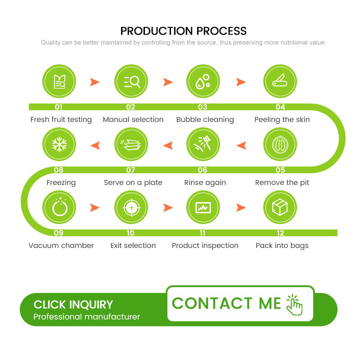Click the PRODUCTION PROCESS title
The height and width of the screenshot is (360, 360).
(x=184, y=31)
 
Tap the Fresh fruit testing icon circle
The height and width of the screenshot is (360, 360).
(x=59, y=81)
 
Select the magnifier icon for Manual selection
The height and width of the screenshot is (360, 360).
(x=131, y=81)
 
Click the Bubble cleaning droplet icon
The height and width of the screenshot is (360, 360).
(x=203, y=81)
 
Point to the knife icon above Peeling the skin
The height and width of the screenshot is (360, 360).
(x=280, y=81)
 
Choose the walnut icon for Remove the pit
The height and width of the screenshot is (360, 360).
(x=280, y=144)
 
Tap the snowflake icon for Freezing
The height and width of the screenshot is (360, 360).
(x=59, y=144)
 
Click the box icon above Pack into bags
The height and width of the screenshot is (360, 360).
(x=280, y=207)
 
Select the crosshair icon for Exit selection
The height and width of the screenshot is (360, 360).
(x=131, y=207)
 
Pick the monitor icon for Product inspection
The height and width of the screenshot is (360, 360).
(x=203, y=207)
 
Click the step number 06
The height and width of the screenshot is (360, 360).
(x=202, y=170)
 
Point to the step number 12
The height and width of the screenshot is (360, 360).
(x=280, y=233)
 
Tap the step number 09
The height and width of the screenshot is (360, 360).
(x=58, y=233)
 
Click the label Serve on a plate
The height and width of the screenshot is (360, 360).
(x=133, y=183)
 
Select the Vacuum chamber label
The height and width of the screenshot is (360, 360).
(x=61, y=246)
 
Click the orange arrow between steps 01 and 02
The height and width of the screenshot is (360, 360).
(x=94, y=82)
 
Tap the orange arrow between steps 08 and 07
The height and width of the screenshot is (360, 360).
(x=95, y=145)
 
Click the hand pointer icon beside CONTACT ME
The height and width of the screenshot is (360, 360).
(x=295, y=305)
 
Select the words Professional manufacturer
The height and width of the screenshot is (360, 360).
(x=87, y=317)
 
